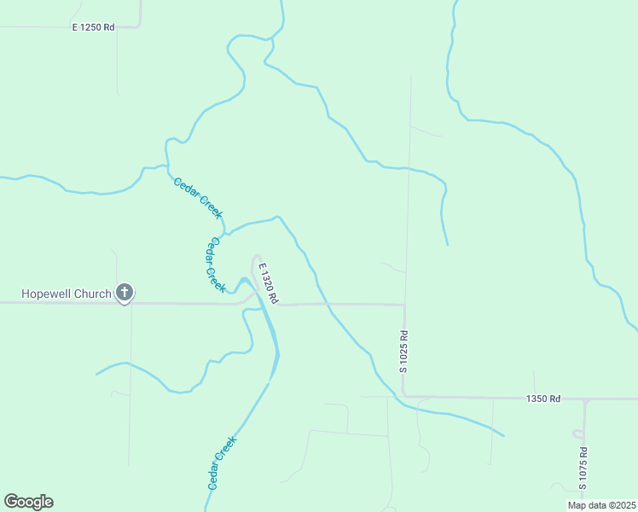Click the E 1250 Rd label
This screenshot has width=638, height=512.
point(93,27)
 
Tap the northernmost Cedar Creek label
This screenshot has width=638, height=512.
point(198,197)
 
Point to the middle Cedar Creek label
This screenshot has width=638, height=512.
point(213,265)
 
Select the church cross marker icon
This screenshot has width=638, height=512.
point(125,294)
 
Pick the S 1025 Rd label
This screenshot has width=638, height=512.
point(403,351)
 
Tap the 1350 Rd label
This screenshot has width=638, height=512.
point(543,399)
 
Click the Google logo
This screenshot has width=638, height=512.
point(28,502)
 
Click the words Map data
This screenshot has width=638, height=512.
point(586,505)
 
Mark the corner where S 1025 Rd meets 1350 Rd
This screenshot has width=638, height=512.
point(403,396)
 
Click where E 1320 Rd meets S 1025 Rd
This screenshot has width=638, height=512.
point(404,304)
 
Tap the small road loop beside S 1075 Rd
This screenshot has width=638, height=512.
point(577,433)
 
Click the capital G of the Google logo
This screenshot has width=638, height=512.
point(11,501)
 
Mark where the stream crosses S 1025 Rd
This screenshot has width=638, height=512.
point(408,168)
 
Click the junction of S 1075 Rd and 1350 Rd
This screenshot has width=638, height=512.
point(586,399)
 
